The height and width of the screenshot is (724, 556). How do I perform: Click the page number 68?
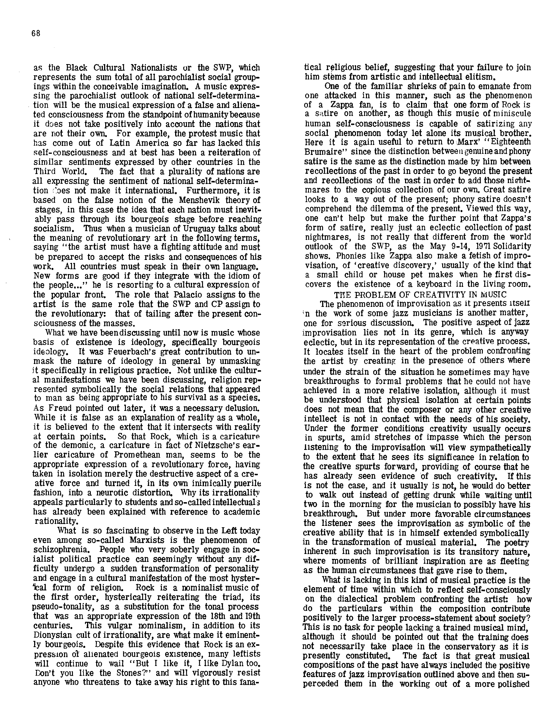coord(36,33)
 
